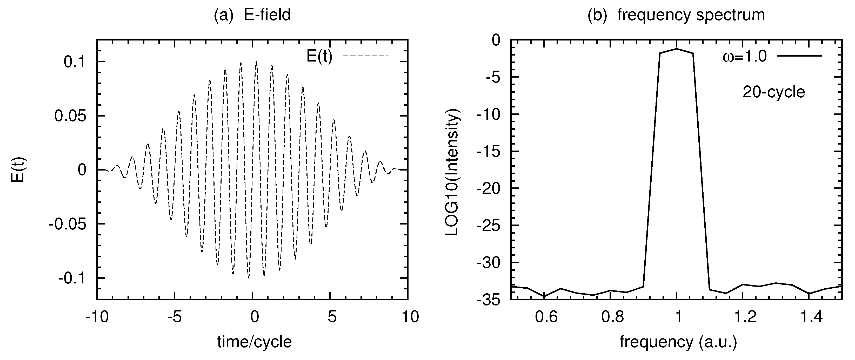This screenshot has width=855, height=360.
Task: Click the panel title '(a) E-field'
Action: point(252,15)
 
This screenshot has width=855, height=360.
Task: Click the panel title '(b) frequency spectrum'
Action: point(676,15)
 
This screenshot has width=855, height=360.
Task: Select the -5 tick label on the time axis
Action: point(175,317)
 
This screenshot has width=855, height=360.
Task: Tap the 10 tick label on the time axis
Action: point(410,317)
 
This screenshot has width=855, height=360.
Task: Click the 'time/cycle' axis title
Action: point(255,342)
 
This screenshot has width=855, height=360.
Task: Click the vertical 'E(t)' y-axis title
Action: point(18,170)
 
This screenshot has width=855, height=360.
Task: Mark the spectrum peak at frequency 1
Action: point(676,49)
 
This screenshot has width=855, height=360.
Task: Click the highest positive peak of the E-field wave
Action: point(256,62)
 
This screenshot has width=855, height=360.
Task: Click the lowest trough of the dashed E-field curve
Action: point(249,278)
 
